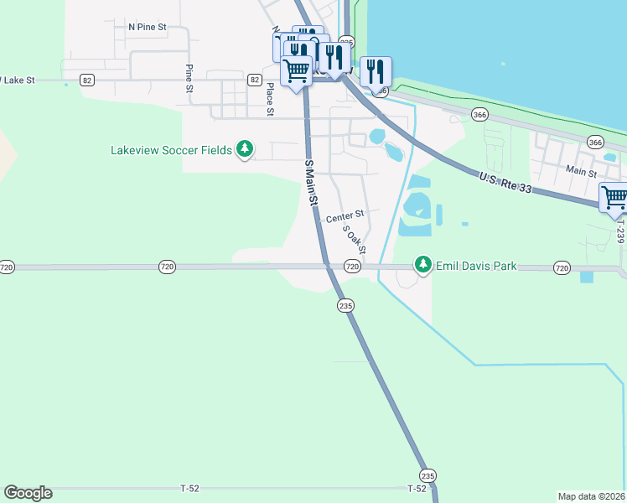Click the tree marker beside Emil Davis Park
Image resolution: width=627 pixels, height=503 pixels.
pos(423,266)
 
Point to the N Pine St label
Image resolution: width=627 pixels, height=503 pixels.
pos(148,27)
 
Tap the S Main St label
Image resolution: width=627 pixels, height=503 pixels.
pos(311,184)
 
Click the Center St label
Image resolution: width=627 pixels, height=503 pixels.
pos(345,216)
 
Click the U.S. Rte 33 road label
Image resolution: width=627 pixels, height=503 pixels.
pos(505,183)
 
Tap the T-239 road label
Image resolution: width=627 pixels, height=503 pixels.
pos(619,233)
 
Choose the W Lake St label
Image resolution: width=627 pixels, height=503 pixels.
pos(18,80)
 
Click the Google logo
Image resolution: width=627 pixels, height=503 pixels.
pos(28,493)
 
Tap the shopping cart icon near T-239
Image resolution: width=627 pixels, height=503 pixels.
pos(614,198)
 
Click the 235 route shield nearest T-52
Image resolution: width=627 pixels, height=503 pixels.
pos(427,474)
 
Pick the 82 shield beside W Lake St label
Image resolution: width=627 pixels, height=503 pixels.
pos(87,80)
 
